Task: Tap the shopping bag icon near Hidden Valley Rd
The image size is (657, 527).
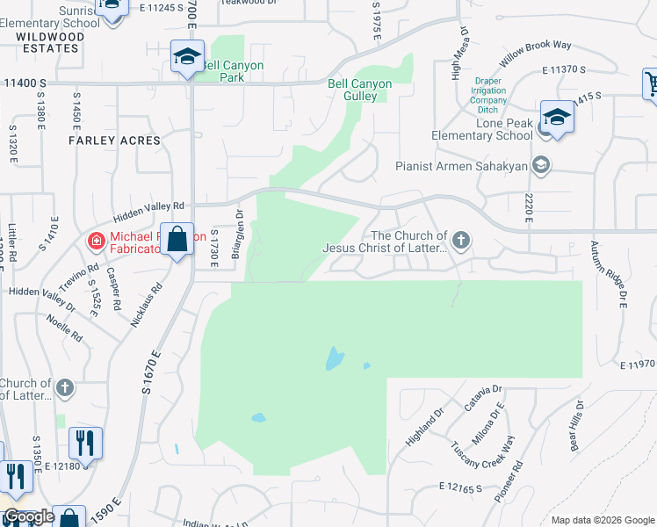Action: pos(177,239)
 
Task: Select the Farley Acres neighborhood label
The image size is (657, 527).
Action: pos(116,141)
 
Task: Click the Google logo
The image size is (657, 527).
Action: pos(29,516)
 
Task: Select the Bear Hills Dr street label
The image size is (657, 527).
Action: pos(575,426)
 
